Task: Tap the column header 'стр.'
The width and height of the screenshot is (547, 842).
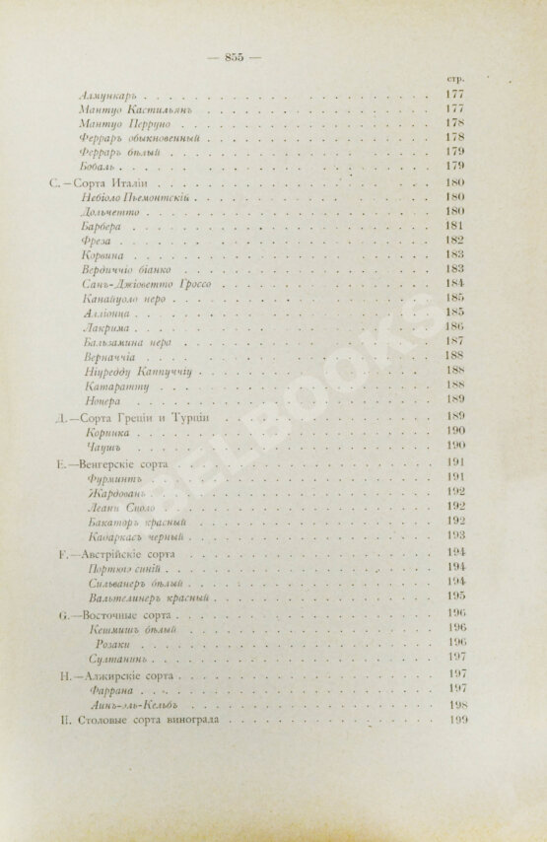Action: pyautogui.click(x=454, y=80)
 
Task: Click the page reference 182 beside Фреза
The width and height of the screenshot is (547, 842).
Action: pyautogui.click(x=455, y=240)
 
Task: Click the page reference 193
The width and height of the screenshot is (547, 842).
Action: pyautogui.click(x=455, y=534)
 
